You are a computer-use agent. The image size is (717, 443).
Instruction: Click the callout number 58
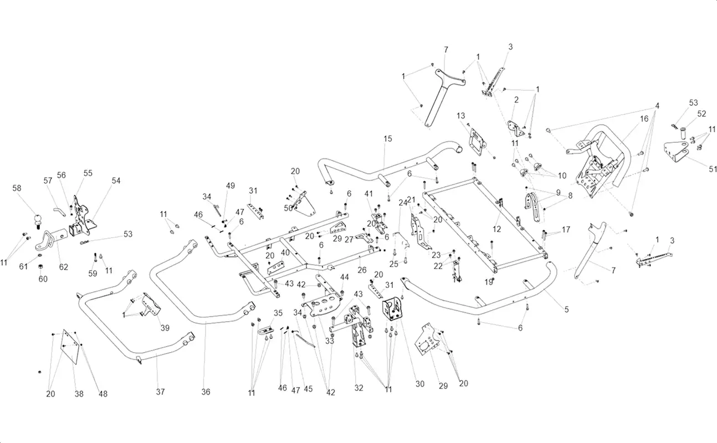click(x=17, y=188)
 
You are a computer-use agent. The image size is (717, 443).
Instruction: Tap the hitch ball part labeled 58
click(x=38, y=221)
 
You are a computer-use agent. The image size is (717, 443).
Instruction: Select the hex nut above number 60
click(x=40, y=266)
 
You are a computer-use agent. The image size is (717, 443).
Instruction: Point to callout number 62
click(x=63, y=267)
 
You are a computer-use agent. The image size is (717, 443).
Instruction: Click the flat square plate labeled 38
click(x=70, y=347)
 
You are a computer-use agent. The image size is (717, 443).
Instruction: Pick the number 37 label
click(x=160, y=392)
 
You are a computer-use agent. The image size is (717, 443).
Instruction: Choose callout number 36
click(x=206, y=392)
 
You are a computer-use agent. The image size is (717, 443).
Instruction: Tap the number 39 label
click(x=165, y=328)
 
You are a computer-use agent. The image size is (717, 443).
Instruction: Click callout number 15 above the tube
click(x=388, y=139)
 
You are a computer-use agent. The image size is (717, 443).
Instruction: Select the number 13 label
click(x=460, y=116)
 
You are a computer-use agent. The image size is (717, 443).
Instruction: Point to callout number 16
click(x=644, y=119)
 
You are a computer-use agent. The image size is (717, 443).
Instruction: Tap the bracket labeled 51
click(x=676, y=156)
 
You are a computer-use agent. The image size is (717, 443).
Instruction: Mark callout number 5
click(x=566, y=310)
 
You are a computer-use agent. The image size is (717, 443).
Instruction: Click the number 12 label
click(x=496, y=229)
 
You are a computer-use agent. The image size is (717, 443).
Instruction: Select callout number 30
click(x=420, y=384)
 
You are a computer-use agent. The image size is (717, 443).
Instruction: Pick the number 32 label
click(x=359, y=388)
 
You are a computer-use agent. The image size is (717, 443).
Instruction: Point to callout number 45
click(x=308, y=389)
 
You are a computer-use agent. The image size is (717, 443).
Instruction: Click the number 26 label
click(x=362, y=270)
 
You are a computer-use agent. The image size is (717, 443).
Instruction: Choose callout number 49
click(x=231, y=186)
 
